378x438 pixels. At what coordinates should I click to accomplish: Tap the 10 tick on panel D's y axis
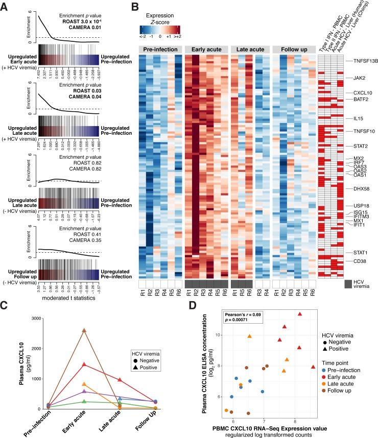point(217,335)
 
